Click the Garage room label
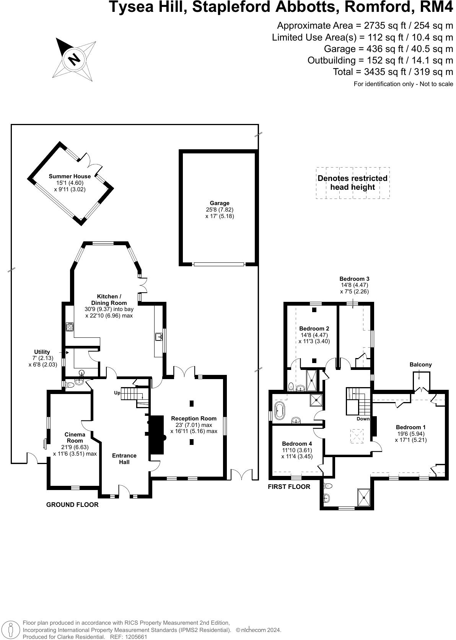(x=220, y=203)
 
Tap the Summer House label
(x=70, y=176)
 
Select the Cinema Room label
(x=75, y=437)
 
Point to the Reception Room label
(x=194, y=418)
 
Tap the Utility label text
(x=42, y=352)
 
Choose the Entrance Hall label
(x=124, y=459)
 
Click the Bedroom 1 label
(x=410, y=427)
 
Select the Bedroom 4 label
(x=297, y=444)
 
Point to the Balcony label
(x=420, y=365)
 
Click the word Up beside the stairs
(x=117, y=393)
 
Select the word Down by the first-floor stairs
(x=363, y=419)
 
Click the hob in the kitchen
(x=69, y=327)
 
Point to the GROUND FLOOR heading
(x=72, y=505)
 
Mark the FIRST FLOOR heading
(x=289, y=487)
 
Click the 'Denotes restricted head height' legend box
(x=353, y=183)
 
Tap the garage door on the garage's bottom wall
(x=219, y=264)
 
